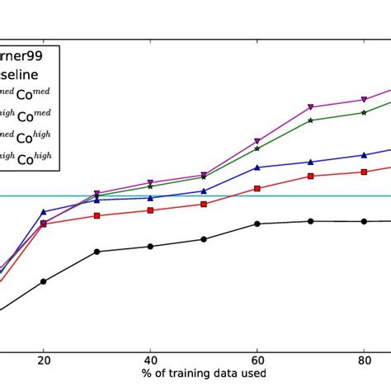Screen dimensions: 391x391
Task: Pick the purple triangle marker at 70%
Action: coord(311,106)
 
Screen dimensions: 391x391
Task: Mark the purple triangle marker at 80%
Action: coord(364,100)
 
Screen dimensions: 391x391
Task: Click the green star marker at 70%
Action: coord(311,120)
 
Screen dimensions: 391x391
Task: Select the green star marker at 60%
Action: coord(257,148)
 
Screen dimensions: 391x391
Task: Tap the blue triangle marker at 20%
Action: coord(44,212)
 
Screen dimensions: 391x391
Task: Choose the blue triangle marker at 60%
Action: coord(257,167)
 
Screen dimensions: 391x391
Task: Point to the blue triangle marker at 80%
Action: coord(364,155)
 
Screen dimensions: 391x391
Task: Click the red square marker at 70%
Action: coord(311,176)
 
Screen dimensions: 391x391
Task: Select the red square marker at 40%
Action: coord(150,210)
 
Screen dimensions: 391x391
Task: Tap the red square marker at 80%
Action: coord(364,172)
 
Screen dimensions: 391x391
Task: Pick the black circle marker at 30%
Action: coord(97,252)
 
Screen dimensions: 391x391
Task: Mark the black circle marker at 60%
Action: coord(257,224)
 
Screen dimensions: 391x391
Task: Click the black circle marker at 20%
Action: coord(44,281)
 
